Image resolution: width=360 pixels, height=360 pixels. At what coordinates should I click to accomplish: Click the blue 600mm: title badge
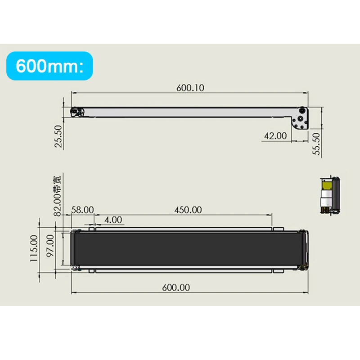[50, 67]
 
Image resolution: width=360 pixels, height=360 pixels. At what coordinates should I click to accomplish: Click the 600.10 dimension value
[189, 88]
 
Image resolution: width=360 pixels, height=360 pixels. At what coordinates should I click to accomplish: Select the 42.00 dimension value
[275, 135]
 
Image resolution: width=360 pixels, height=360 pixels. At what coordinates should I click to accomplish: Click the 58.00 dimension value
[82, 210]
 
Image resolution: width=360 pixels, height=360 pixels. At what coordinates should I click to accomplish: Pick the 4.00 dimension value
[113, 220]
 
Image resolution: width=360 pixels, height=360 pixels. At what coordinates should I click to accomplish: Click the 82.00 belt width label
[57, 195]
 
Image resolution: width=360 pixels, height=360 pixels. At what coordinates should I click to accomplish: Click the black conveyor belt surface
[189, 250]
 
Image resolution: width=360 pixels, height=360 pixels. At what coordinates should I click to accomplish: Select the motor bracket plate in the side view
[301, 120]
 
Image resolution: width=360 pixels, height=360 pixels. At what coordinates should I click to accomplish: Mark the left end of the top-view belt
[75, 250]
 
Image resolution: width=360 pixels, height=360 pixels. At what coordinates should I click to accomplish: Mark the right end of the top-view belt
[304, 250]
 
